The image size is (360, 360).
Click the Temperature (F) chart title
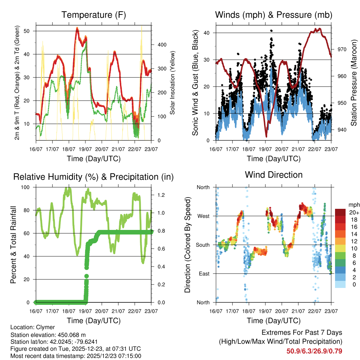(94, 15)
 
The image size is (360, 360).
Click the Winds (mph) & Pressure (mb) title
(274, 15)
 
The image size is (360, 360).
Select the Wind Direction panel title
(274, 174)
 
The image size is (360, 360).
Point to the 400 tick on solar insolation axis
(157, 45)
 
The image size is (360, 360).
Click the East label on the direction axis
(204, 274)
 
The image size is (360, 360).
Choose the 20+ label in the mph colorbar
(354, 212)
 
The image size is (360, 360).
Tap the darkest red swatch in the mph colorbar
(341, 212)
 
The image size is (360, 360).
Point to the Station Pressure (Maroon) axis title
(354, 78)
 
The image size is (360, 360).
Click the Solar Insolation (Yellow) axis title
(173, 83)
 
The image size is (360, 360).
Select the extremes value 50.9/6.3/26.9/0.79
(314, 351)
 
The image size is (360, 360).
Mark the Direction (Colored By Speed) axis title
(187, 245)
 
